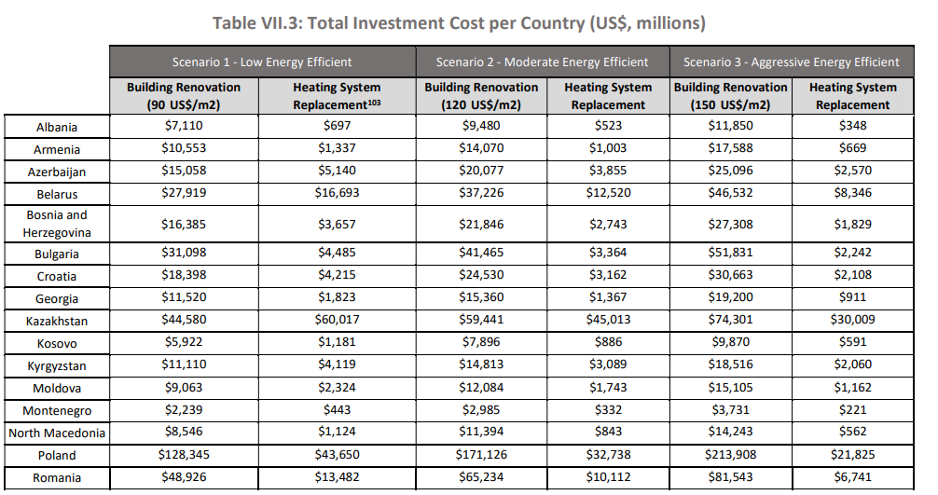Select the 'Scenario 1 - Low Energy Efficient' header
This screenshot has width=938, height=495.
[x=262, y=62]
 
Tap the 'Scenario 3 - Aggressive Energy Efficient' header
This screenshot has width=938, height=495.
[x=791, y=62]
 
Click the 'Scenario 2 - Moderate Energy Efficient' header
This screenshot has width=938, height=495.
[x=542, y=62]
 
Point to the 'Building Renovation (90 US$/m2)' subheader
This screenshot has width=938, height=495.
[x=184, y=95]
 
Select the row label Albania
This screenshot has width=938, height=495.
[x=57, y=127]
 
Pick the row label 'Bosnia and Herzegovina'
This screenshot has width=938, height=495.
[x=57, y=224]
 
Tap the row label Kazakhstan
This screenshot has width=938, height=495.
[x=57, y=321]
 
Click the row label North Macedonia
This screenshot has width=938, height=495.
[x=57, y=433]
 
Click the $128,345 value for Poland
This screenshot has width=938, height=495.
[x=184, y=455]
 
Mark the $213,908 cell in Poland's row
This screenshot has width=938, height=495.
[x=731, y=455]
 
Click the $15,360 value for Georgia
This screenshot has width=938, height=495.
[x=481, y=298]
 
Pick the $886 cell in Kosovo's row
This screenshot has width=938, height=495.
[x=608, y=343]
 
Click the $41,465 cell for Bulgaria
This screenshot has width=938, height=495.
[x=481, y=254]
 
